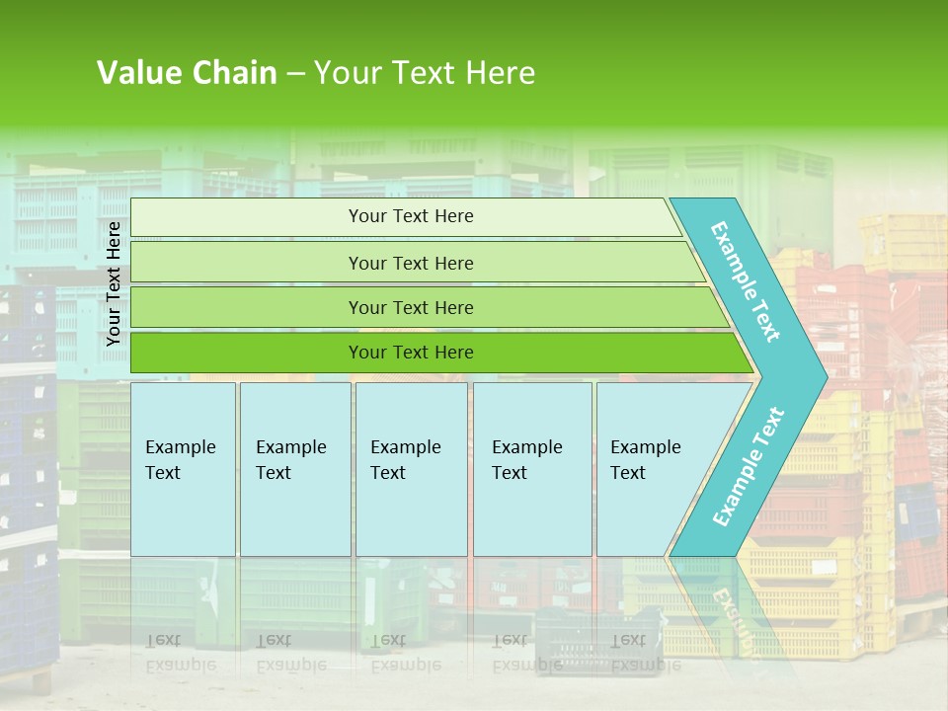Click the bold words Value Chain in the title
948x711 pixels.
[187, 73]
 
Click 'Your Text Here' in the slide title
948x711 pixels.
[425, 73]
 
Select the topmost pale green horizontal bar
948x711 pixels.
[247, 217]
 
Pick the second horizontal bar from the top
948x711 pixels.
[247, 263]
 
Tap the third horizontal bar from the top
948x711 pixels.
[247, 307]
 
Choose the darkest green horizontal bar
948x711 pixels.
[247, 353]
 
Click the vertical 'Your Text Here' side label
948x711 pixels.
[114, 283]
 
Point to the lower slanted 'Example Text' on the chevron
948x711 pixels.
[748, 467]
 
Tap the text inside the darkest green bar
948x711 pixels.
[411, 353]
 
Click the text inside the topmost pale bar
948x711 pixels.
[411, 216]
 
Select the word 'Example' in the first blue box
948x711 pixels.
[180, 447]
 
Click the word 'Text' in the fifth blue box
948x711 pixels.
[627, 473]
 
